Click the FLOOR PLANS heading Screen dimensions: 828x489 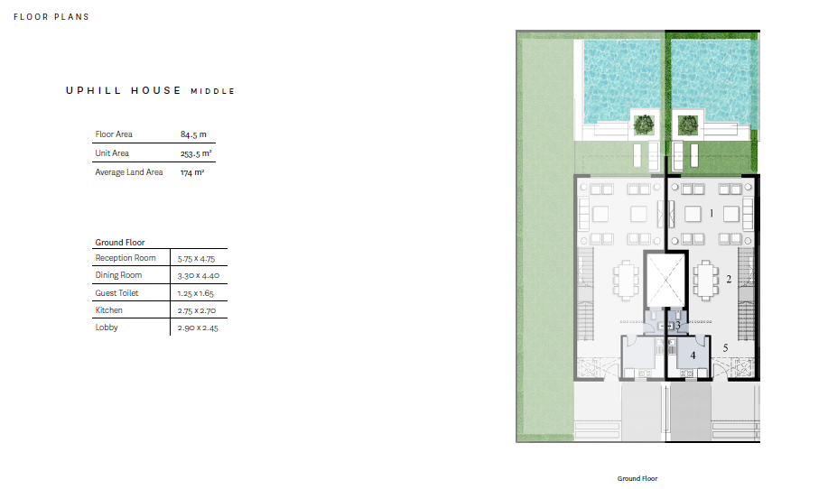[x=51, y=17]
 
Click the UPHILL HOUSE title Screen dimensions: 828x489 [x=124, y=90]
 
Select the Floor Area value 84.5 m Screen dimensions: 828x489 [x=193, y=134]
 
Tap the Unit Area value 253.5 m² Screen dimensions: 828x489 [x=196, y=153]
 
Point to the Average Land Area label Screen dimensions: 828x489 [x=129, y=172]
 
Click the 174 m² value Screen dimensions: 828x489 [x=192, y=172]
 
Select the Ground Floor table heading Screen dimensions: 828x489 [x=120, y=242]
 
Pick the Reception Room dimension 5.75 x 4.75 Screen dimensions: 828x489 [x=197, y=258]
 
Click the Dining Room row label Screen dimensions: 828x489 [x=118, y=275]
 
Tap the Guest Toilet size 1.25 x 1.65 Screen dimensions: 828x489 [x=195, y=293]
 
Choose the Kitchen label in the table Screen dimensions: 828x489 [x=108, y=310]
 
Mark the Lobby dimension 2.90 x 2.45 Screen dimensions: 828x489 [x=198, y=328]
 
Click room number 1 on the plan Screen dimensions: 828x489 [x=712, y=213]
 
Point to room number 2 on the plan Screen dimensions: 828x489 [x=729, y=279]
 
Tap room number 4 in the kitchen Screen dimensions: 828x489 [x=693, y=355]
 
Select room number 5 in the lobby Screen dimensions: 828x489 [x=726, y=347]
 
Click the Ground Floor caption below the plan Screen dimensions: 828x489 [x=637, y=478]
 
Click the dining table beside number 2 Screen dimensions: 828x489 [x=706, y=280]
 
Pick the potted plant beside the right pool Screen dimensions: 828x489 [x=687, y=125]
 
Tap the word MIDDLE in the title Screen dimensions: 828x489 [x=213, y=91]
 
